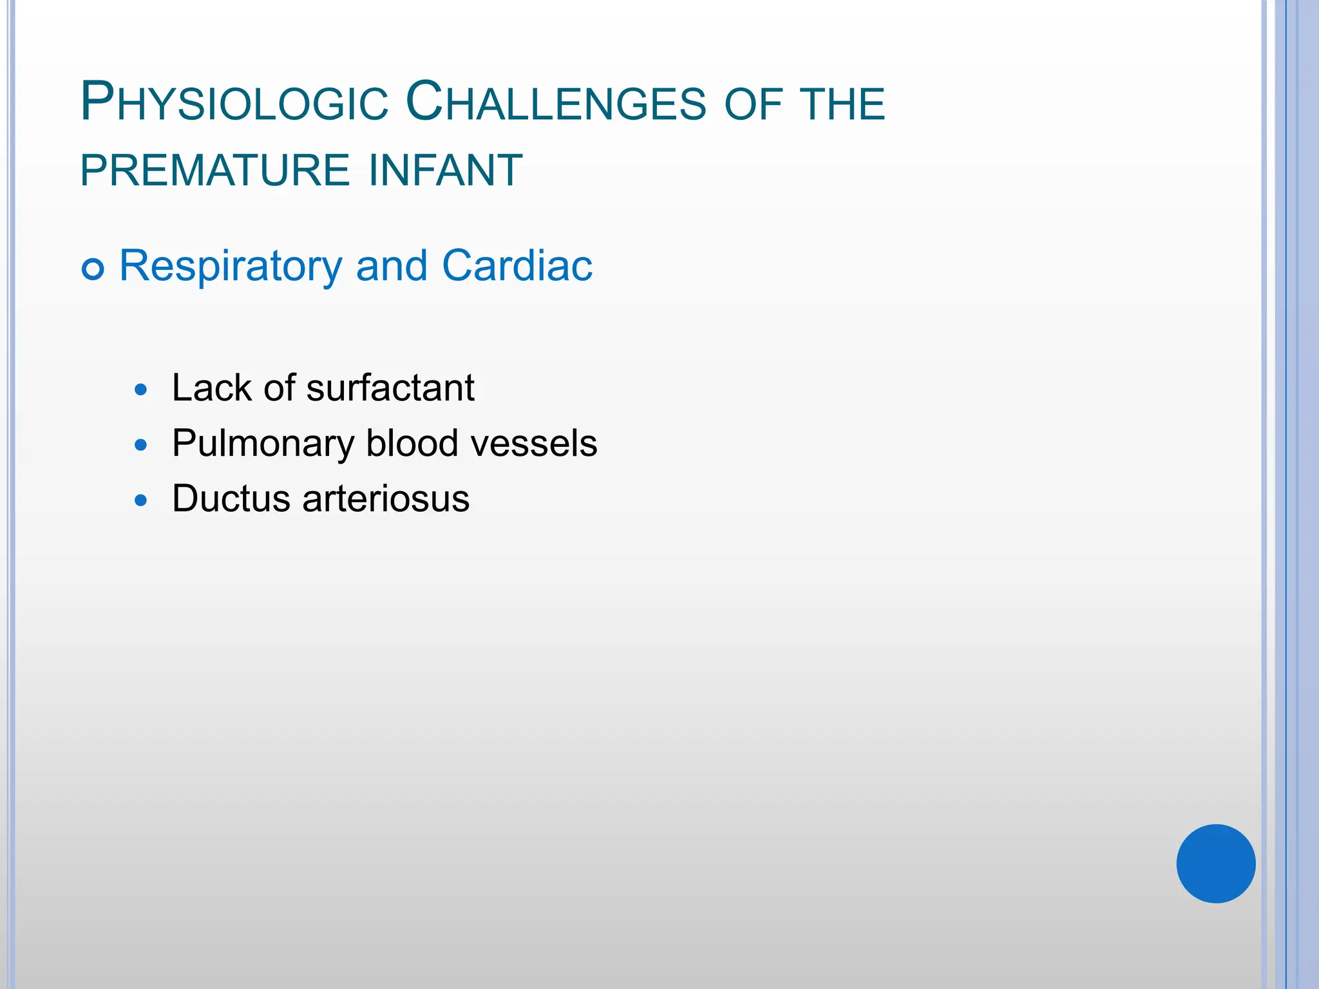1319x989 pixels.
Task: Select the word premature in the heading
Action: (x=215, y=171)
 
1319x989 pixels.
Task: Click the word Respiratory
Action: (x=231, y=267)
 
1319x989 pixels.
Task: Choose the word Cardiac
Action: (x=517, y=265)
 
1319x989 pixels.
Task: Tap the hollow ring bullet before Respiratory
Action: (x=93, y=268)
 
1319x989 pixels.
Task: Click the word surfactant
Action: (x=390, y=388)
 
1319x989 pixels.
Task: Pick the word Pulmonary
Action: (x=263, y=444)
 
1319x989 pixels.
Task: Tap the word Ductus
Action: (x=231, y=498)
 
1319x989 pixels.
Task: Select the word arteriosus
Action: (x=386, y=499)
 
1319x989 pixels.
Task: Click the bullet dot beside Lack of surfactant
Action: (x=141, y=390)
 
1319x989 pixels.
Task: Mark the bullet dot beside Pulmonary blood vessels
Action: (x=141, y=445)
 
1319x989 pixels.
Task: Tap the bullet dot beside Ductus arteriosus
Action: (x=141, y=500)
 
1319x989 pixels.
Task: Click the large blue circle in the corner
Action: (x=1216, y=863)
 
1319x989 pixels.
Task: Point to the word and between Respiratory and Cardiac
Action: (x=392, y=265)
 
